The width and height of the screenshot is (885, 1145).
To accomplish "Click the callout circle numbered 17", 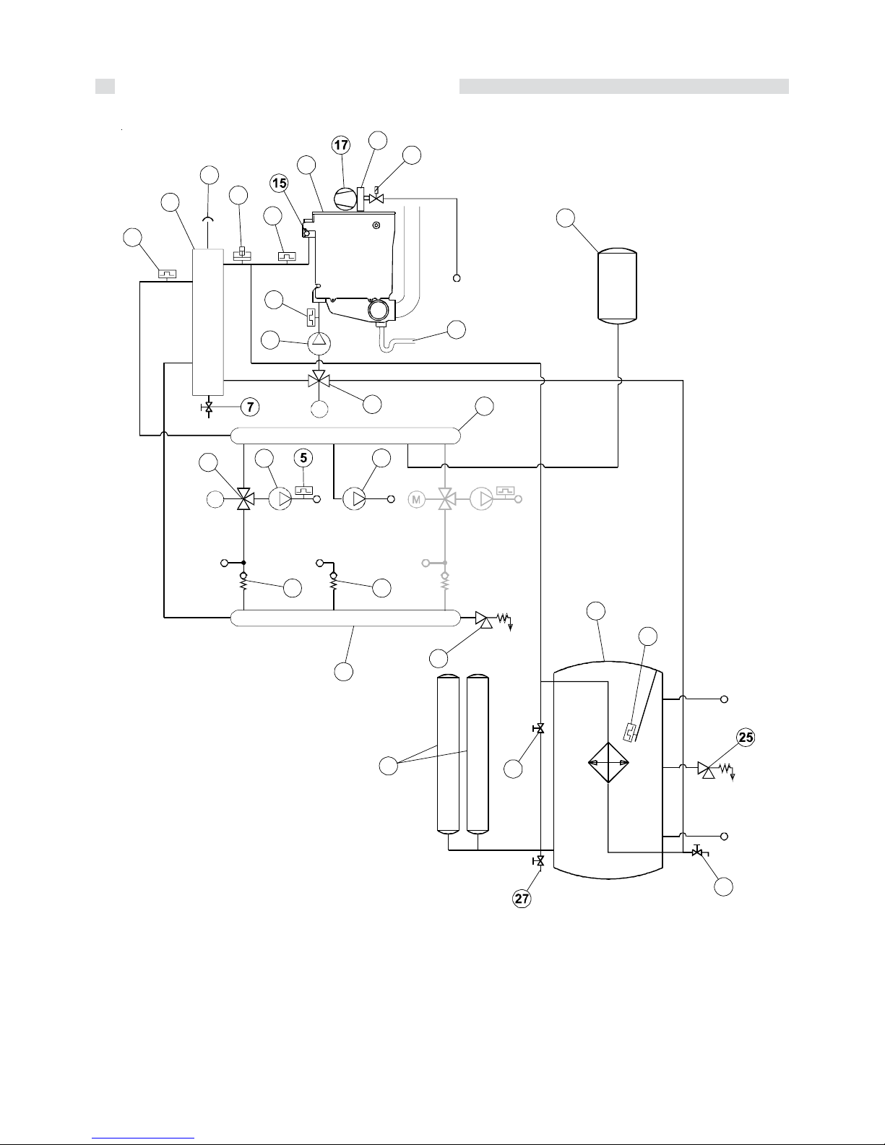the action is pyautogui.click(x=341, y=145).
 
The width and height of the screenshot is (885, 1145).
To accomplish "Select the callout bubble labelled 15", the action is pyautogui.click(x=279, y=183).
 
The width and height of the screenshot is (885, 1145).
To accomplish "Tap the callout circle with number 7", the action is pyautogui.click(x=250, y=407).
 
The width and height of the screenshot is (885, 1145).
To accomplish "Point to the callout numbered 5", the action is pyautogui.click(x=303, y=458).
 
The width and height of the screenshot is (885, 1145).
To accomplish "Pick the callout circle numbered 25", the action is pyautogui.click(x=746, y=737).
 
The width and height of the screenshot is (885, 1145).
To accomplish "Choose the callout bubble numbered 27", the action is pyautogui.click(x=522, y=899).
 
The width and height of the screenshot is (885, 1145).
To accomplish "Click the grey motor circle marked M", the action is pyautogui.click(x=416, y=499).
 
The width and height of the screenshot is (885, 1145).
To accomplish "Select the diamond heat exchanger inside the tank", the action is pyautogui.click(x=608, y=762).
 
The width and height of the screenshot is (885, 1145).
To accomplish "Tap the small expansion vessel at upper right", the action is pyautogui.click(x=618, y=285).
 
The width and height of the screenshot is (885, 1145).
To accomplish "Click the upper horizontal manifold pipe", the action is pyautogui.click(x=345, y=436).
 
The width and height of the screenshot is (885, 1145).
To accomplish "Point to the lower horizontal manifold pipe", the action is pyautogui.click(x=345, y=618).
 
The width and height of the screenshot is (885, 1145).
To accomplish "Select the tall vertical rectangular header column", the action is pyautogui.click(x=207, y=322).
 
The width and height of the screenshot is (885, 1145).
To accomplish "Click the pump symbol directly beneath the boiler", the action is pyautogui.click(x=319, y=344).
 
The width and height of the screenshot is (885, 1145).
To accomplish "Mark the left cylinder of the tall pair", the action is pyautogui.click(x=449, y=755).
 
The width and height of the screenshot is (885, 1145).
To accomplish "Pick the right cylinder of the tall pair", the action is pyautogui.click(x=478, y=755).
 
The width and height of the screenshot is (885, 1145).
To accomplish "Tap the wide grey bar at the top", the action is pyautogui.click(x=623, y=87).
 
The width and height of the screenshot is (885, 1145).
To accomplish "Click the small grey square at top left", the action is pyautogui.click(x=105, y=87).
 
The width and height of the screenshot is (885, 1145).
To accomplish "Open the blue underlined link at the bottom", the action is pyautogui.click(x=143, y=1138).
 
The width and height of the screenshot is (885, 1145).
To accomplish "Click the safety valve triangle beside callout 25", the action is pyautogui.click(x=707, y=769).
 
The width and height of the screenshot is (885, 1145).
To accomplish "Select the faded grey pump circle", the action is pyautogui.click(x=481, y=498).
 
